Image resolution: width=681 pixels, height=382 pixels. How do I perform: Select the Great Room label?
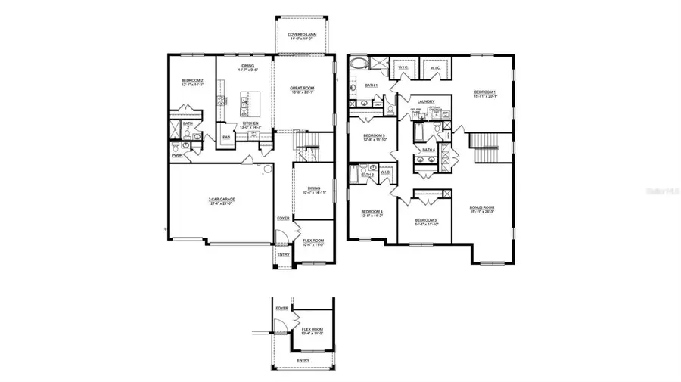(302, 89)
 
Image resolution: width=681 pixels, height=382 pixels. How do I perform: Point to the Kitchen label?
(251, 124)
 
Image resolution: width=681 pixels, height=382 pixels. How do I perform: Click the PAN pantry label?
(225, 137)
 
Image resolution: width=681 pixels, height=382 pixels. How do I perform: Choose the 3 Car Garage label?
(220, 200)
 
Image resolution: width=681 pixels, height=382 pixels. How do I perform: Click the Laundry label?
(424, 101)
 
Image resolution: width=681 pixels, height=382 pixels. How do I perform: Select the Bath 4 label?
(428, 150)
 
